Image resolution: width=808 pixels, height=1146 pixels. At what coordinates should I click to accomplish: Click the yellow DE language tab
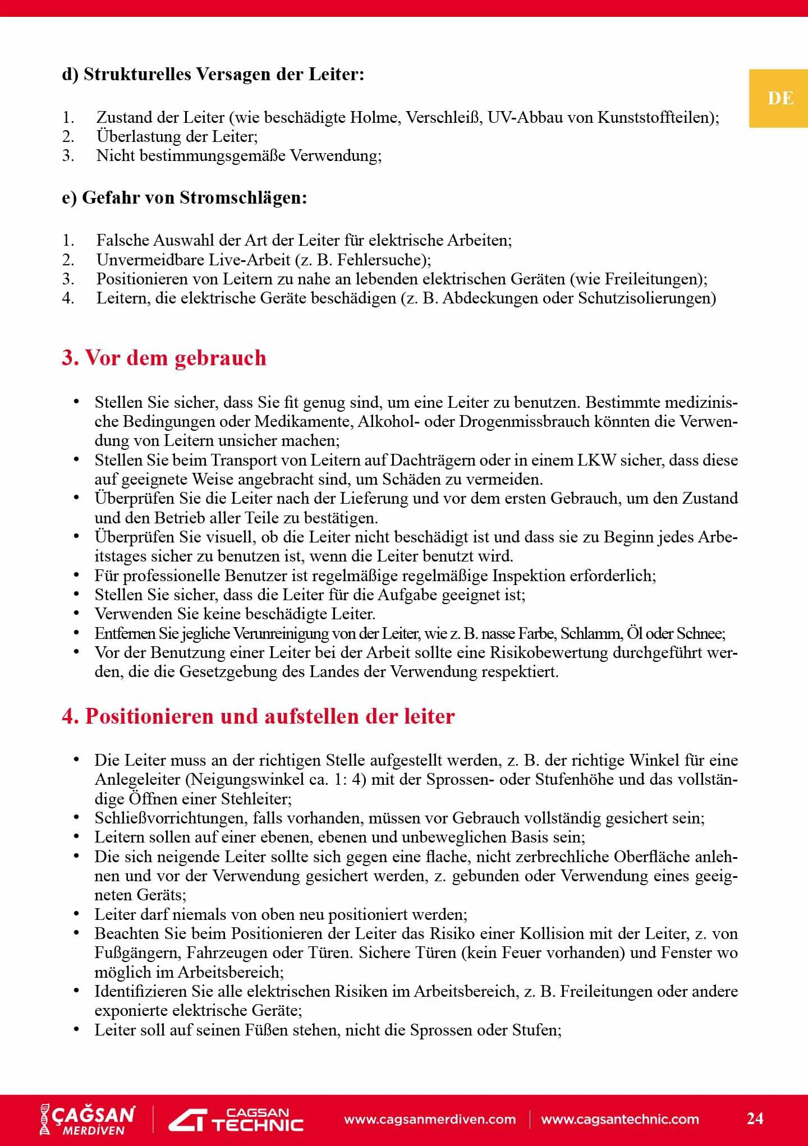779,98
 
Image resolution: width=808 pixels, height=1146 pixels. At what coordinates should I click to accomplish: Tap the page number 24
755,1118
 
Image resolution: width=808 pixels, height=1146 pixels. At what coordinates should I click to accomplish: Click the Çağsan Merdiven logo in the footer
88,1119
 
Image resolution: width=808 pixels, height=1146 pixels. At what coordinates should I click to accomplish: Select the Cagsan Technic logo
236,1119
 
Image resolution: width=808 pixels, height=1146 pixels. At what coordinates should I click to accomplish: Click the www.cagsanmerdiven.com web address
430,1119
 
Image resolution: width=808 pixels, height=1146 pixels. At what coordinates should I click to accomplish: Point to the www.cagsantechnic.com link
620,1119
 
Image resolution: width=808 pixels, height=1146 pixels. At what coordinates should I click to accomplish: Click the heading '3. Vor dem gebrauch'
164,358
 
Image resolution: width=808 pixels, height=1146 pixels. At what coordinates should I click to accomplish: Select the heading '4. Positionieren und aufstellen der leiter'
258,716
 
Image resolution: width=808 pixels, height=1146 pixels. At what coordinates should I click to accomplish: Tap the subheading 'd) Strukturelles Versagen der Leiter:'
213,74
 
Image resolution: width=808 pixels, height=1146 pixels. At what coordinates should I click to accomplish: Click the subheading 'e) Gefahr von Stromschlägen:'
185,197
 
